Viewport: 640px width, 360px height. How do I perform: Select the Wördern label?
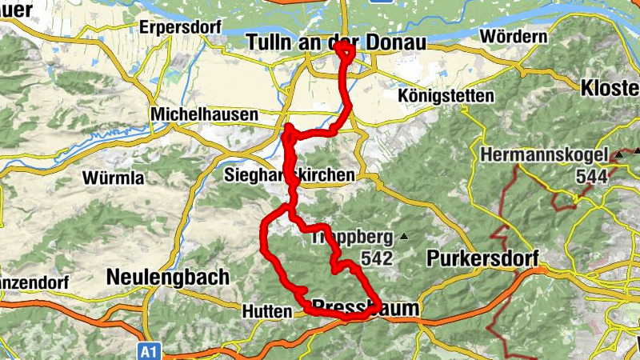(x=514, y=37)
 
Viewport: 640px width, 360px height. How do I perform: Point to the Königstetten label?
(x=446, y=96)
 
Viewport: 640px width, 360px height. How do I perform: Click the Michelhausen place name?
(x=205, y=116)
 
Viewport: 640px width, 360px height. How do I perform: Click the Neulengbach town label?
(x=167, y=277)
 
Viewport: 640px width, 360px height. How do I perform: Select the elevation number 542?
(x=376, y=258)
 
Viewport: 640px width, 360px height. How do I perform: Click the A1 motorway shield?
(x=147, y=350)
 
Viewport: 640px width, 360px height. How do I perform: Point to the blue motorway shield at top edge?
(x=384, y=2)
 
